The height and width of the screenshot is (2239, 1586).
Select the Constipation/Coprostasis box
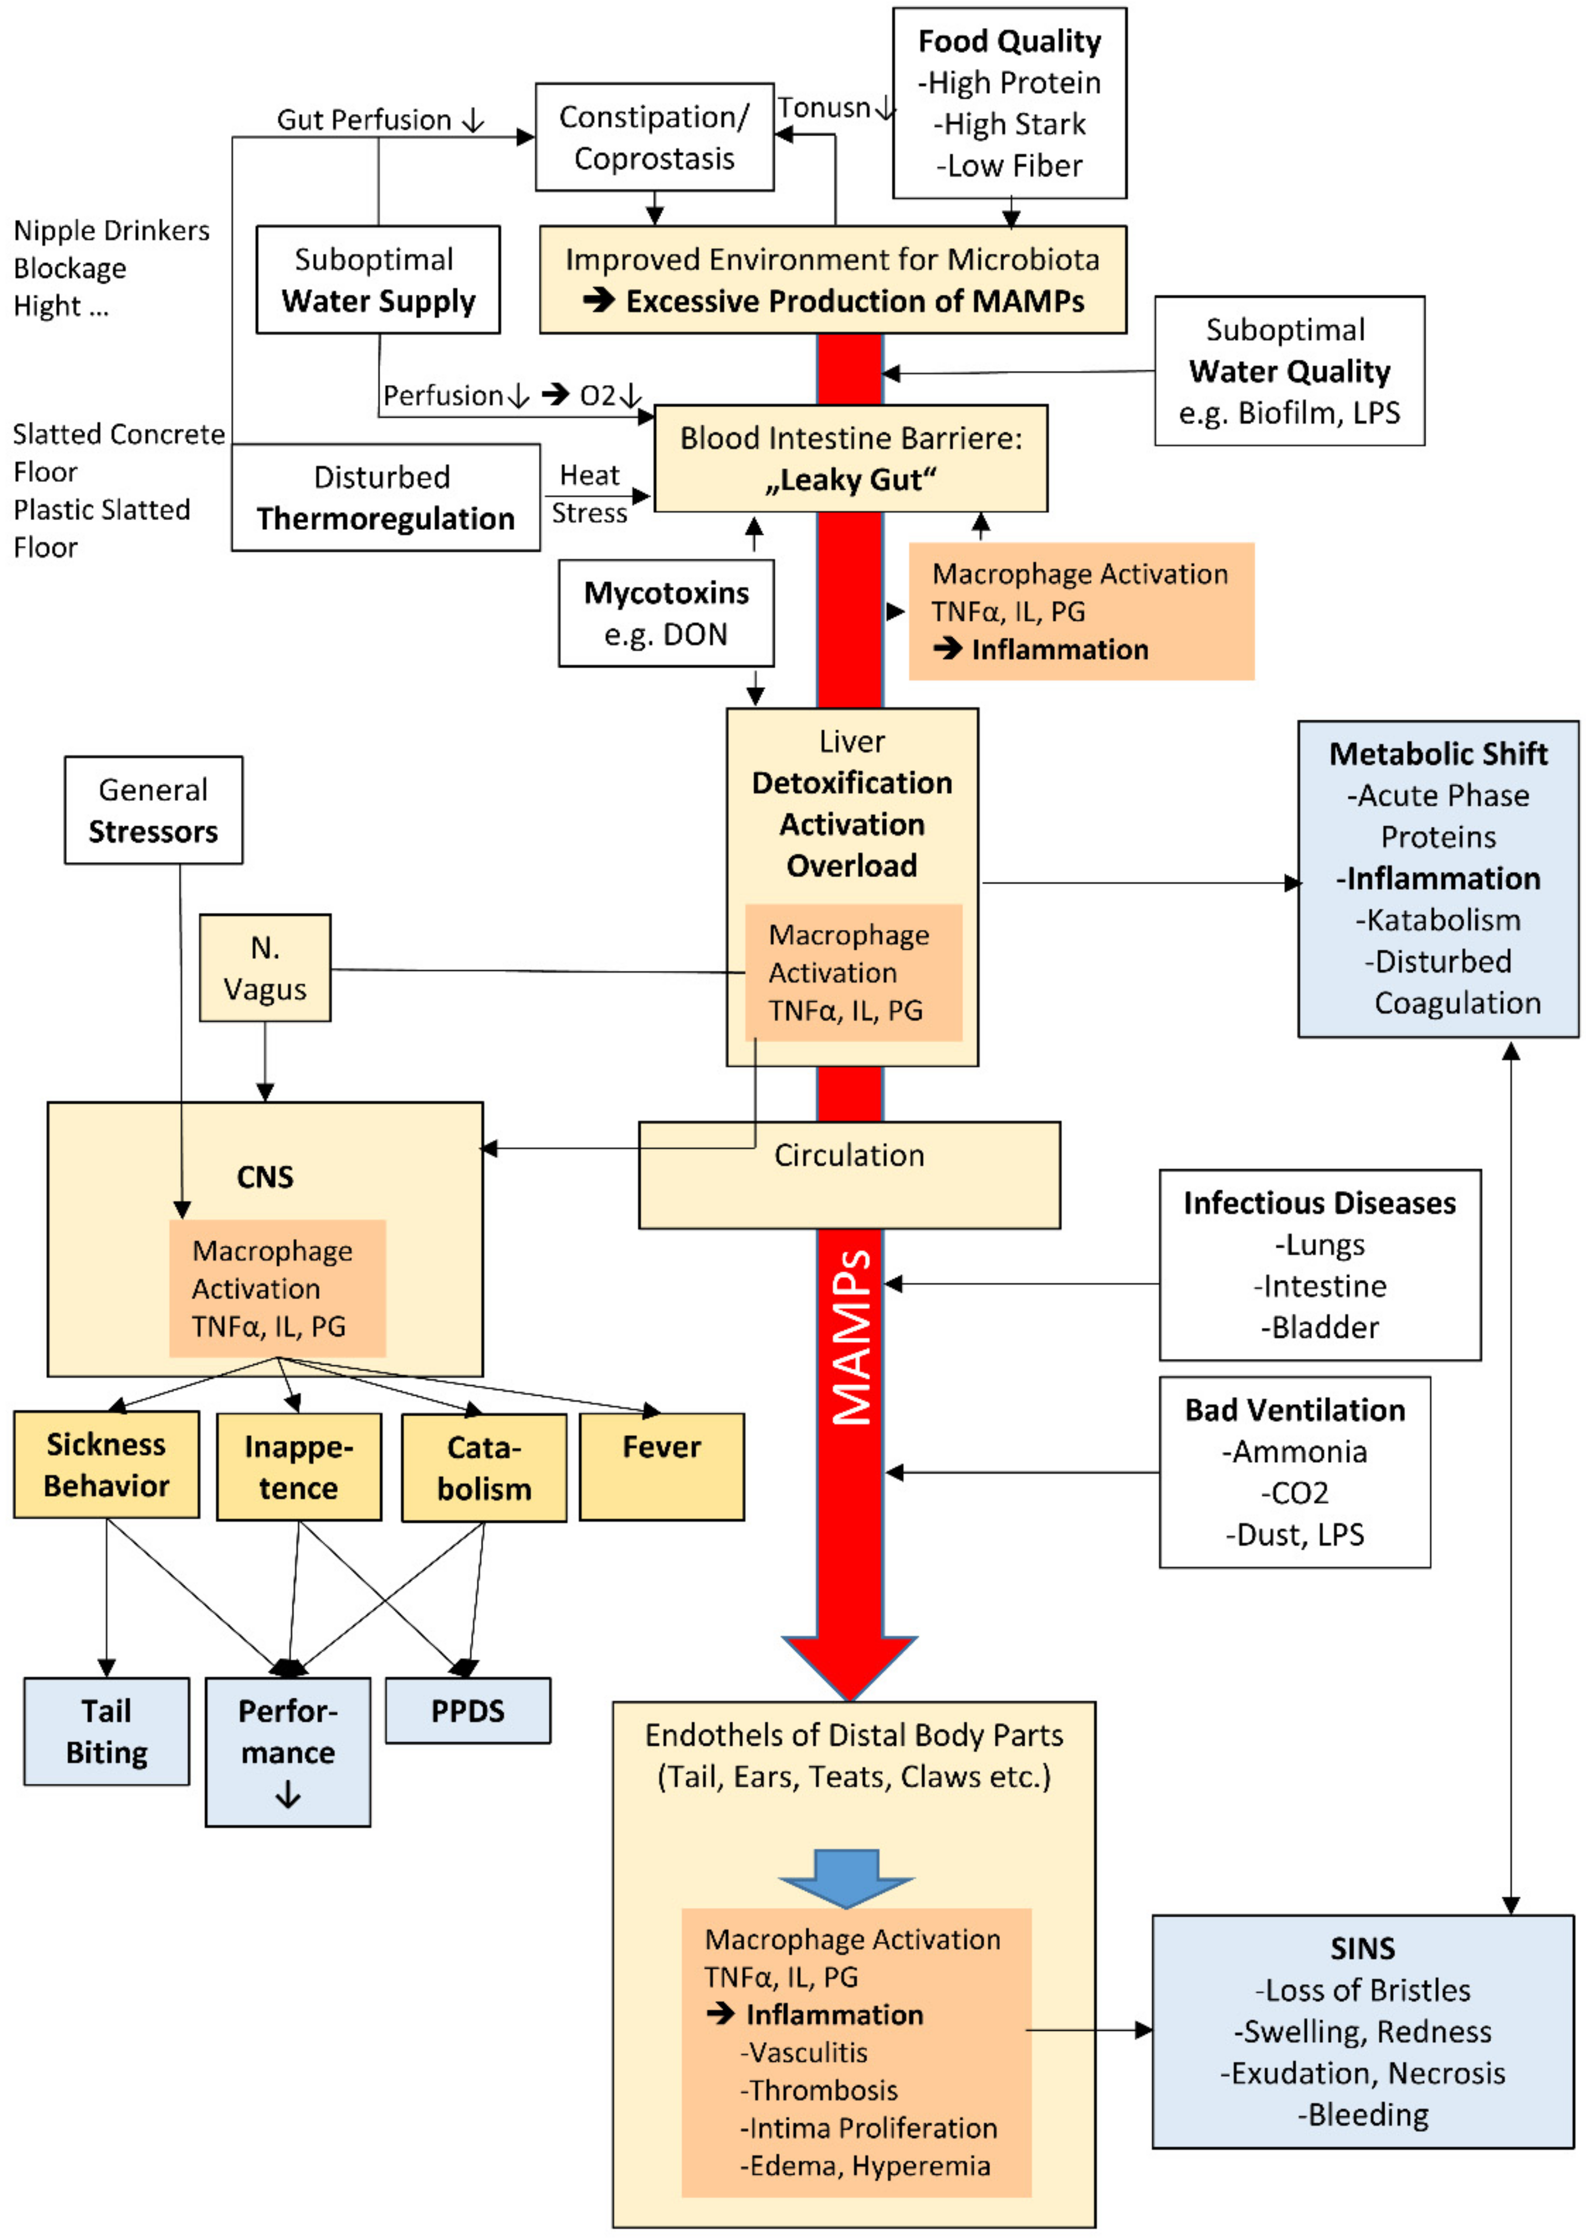(654, 137)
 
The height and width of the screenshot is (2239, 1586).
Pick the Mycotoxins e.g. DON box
(666, 613)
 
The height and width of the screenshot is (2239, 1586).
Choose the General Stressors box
(153, 810)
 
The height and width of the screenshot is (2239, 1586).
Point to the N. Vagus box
(265, 968)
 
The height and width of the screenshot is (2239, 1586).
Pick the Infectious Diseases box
(1320, 1265)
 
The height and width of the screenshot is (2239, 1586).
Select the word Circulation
(849, 1155)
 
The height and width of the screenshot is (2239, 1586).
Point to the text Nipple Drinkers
(111, 231)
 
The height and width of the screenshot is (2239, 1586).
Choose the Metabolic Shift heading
(1438, 754)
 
